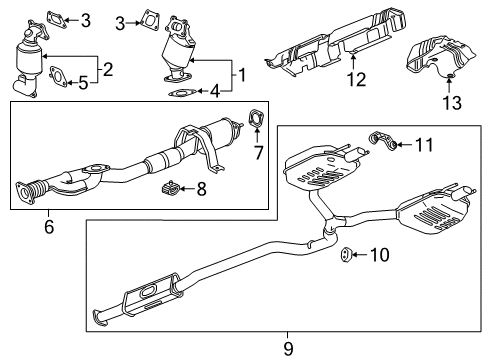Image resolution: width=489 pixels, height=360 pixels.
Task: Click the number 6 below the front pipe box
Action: (47, 227)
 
